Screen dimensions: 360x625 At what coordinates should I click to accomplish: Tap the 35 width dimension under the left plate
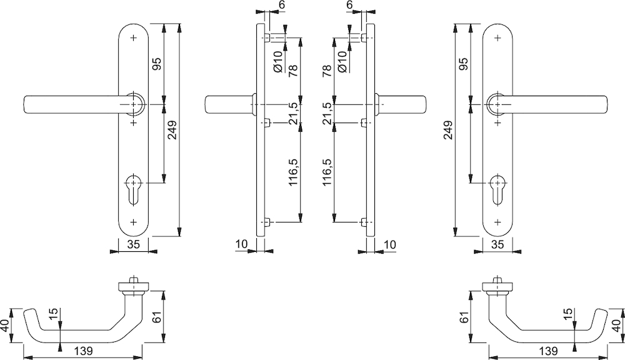(133, 245)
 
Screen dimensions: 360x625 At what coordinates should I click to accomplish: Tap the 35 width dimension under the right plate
(497, 245)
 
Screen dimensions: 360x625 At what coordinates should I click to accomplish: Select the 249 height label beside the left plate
(173, 129)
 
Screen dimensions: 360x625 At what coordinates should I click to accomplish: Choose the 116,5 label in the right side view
(325, 172)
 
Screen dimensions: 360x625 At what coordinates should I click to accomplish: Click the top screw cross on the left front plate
(133, 38)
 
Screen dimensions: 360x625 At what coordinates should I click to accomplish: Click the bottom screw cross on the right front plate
(497, 222)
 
